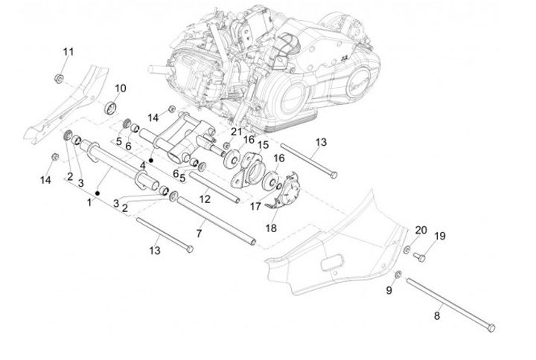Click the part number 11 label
pos(68,51)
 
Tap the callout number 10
pos(120,88)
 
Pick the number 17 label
pos(255,206)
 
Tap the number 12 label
pos(205,199)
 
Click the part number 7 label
pos(199,234)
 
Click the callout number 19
pos(439,237)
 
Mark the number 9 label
pos(388,290)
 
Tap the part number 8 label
pos(437,315)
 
